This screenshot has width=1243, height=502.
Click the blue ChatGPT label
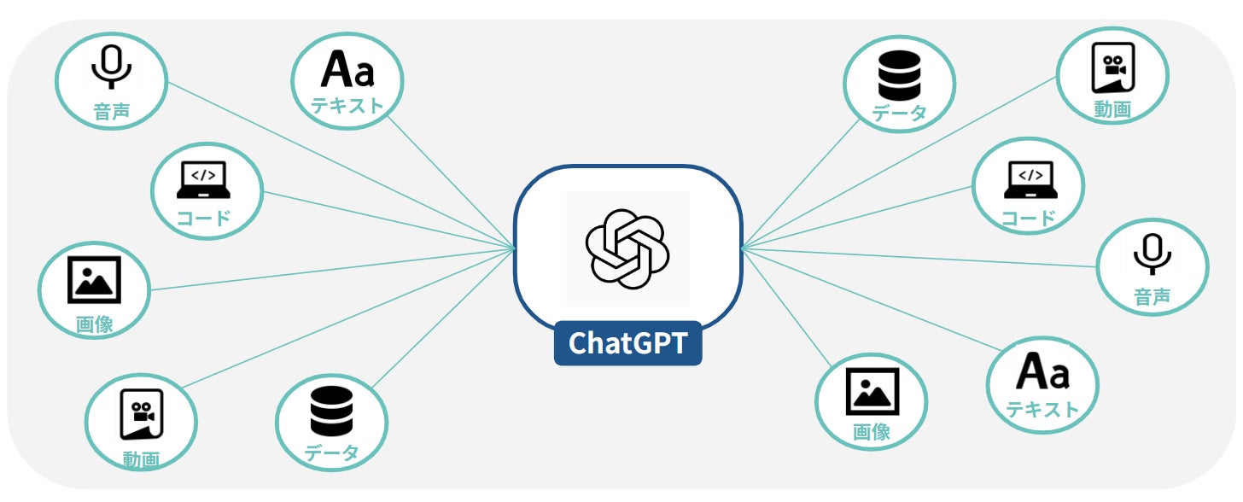click(627, 343)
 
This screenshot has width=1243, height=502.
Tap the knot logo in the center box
click(627, 248)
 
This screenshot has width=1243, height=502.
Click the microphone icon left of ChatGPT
click(112, 67)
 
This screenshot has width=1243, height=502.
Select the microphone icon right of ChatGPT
click(1153, 254)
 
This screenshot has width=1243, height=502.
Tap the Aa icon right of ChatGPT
click(1042, 372)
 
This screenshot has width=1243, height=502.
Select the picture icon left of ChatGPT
click(94, 279)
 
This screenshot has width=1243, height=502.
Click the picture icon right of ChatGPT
click(872, 391)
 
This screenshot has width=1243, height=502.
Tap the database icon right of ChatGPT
click(900, 75)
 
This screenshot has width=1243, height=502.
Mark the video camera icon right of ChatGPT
click(1113, 68)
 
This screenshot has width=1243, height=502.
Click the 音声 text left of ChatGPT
click(112, 112)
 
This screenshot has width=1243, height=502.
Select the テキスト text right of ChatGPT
click(1042, 410)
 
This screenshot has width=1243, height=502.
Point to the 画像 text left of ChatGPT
click(94, 324)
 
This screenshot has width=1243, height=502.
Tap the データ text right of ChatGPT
click(900, 114)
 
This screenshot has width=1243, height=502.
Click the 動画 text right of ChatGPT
click(1112, 109)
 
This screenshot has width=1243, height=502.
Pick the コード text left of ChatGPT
click(203, 217)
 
